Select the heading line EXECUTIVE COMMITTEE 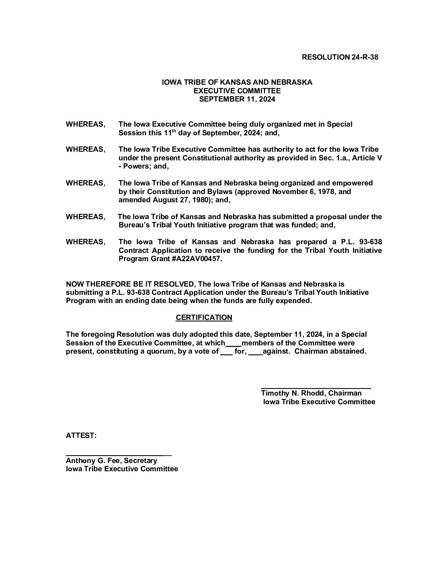click(237, 91)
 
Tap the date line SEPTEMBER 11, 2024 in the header click(237, 99)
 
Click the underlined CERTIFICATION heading click(204, 317)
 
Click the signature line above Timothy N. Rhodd click(316, 388)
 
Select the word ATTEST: click(81, 435)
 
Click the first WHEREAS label click(85, 124)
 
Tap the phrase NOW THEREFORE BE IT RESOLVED click(130, 284)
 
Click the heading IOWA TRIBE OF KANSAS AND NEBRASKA click(237, 82)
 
